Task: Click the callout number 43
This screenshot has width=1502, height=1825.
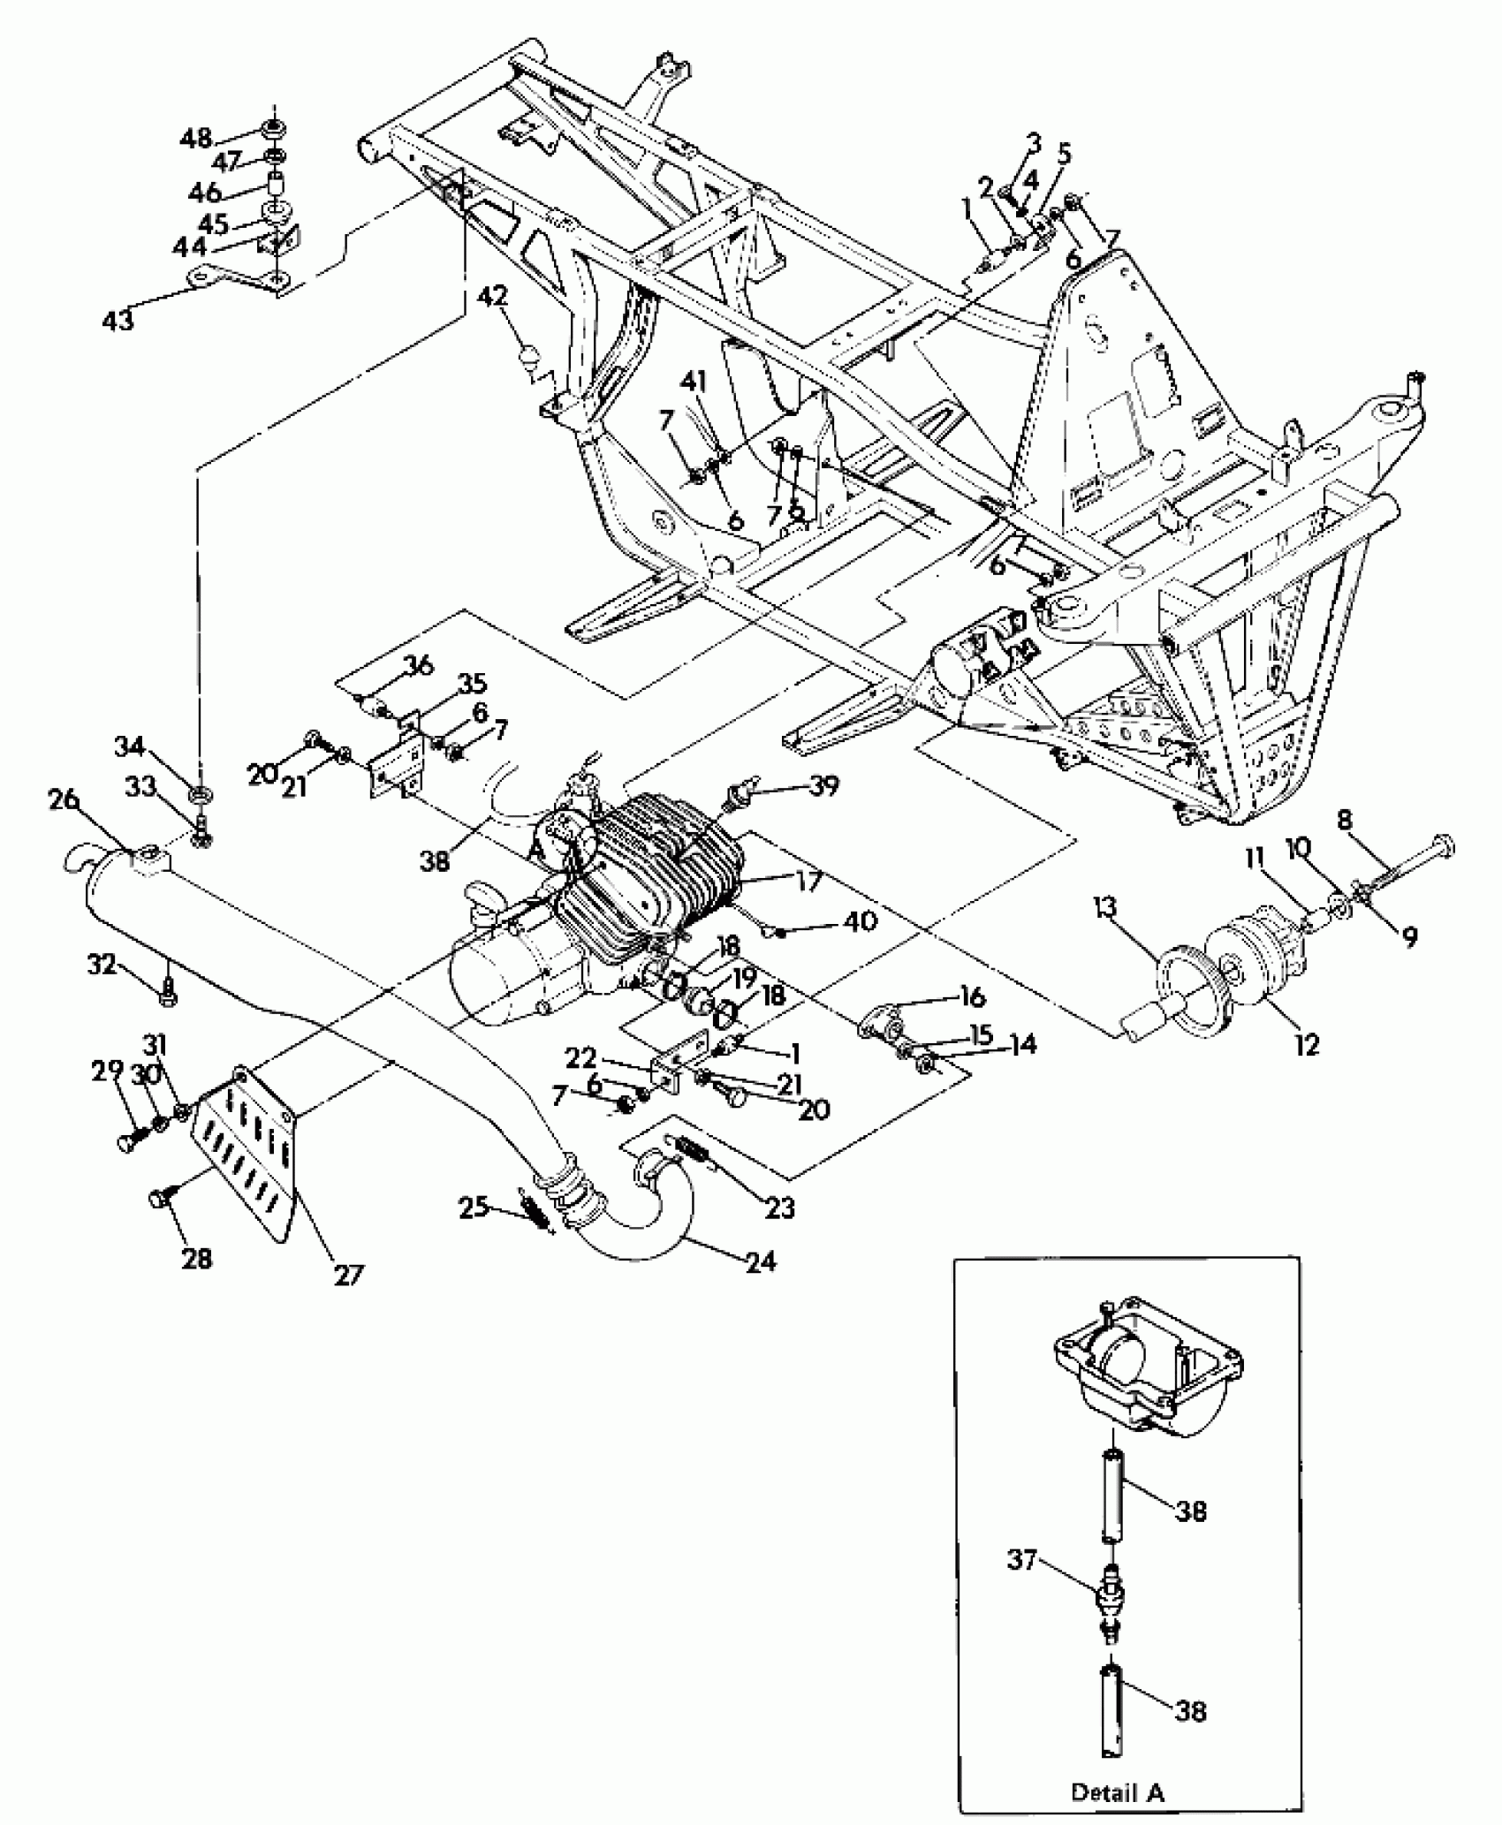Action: point(118,319)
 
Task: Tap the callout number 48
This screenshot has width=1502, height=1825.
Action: point(197,138)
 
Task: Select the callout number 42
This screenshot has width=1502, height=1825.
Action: point(493,296)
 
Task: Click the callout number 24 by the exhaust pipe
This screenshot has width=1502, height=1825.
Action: point(760,1261)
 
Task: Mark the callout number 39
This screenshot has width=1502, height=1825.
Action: point(823,785)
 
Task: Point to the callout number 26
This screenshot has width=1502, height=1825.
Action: point(65,801)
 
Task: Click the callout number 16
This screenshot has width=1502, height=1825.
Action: point(972,997)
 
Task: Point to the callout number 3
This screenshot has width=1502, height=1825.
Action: point(1033,142)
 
